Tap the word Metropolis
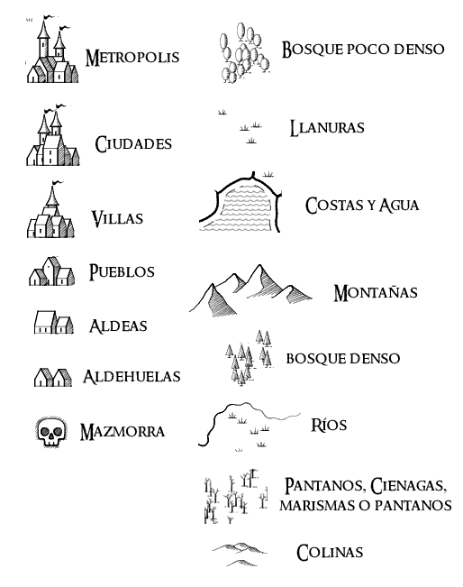click(x=132, y=58)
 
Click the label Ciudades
click(x=133, y=144)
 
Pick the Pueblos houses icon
click(x=52, y=271)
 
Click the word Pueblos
click(x=122, y=271)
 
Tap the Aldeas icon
click(x=54, y=322)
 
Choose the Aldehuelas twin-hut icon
click(x=53, y=377)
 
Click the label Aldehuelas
click(x=132, y=377)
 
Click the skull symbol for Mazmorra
click(x=51, y=432)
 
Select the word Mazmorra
click(x=123, y=432)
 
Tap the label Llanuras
click(x=327, y=128)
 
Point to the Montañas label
click(x=376, y=292)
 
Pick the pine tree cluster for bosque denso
click(x=248, y=357)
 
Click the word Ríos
click(x=329, y=425)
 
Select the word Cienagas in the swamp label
click(x=408, y=485)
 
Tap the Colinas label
click(x=330, y=553)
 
